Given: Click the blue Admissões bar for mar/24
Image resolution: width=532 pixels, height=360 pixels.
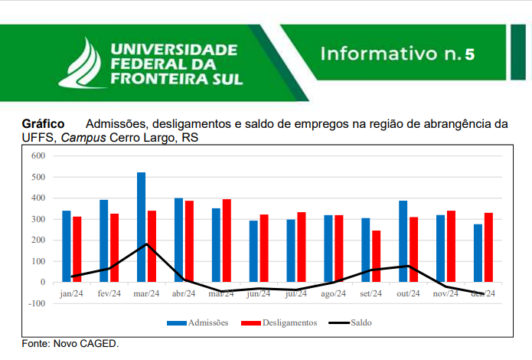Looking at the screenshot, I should click(142, 227).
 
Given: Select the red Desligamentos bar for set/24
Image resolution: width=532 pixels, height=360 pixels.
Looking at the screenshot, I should click(376, 256).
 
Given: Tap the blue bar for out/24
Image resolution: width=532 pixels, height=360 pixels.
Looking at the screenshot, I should click(403, 241).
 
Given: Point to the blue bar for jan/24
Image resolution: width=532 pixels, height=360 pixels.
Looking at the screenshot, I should click(67, 246).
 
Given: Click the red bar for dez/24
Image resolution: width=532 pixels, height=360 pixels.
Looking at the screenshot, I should click(488, 247).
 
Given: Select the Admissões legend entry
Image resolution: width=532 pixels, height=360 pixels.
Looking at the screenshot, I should click(197, 322).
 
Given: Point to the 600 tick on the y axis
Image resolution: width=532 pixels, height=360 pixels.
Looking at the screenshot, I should click(38, 156).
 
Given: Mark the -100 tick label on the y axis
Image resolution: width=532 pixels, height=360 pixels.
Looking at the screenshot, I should click(37, 303).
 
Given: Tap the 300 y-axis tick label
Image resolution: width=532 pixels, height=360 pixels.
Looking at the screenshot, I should click(38, 219).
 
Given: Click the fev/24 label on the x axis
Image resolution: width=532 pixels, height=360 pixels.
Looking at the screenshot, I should click(109, 293).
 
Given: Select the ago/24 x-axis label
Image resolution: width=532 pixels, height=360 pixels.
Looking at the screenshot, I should click(334, 293).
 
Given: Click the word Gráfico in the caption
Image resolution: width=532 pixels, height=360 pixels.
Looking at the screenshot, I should click(43, 123).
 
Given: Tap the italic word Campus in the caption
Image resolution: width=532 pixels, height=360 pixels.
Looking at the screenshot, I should click(83, 138).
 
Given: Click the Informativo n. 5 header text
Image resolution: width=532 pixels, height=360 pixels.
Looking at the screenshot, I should click(398, 54).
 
